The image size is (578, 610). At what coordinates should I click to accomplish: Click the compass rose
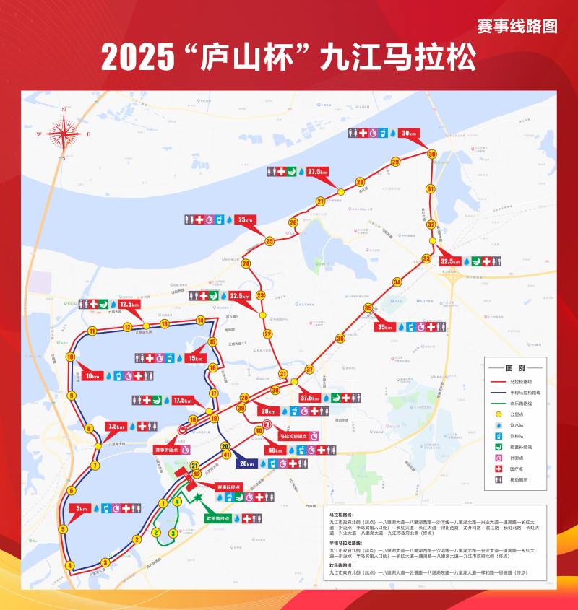coord(64,133)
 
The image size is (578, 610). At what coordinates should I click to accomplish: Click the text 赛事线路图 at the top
coord(517,27)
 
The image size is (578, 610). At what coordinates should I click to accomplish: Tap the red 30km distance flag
coord(409,134)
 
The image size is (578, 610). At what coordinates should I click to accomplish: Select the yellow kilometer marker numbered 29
coord(395,162)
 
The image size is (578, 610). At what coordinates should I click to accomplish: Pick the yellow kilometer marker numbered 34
coord(397,282)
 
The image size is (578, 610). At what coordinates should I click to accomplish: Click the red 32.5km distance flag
coord(449,261)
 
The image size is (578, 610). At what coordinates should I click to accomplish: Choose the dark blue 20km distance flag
coord(247,463)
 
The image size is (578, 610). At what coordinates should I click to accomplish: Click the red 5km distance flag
coord(82,508)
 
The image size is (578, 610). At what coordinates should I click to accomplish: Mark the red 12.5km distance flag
coord(129,305)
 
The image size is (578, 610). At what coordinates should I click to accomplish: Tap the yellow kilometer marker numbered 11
coord(92,331)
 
